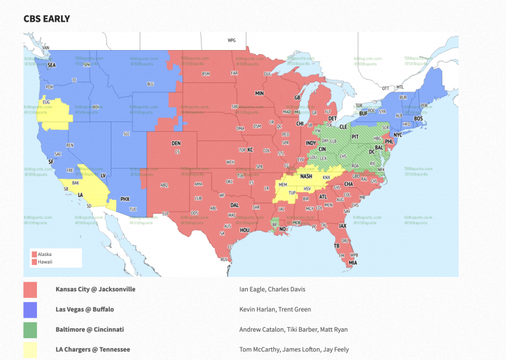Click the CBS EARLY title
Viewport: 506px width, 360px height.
point(47,18)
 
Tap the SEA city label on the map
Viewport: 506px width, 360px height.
point(51,65)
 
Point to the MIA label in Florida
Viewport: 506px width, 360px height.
point(353,262)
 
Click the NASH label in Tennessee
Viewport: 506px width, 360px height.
point(306,177)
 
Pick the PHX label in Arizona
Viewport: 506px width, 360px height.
point(125,198)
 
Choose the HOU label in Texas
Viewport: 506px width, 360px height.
point(244,230)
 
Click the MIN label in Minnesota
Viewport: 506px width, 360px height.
point(260,94)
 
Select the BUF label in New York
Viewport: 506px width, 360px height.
point(363,113)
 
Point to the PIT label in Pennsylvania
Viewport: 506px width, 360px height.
point(354,136)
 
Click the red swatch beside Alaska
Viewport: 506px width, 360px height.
point(34,254)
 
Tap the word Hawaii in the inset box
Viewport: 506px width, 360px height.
point(45,262)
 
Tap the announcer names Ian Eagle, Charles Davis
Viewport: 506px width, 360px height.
point(272,289)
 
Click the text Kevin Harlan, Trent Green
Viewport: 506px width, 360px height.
point(275,309)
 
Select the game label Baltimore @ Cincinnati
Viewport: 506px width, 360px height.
point(90,328)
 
